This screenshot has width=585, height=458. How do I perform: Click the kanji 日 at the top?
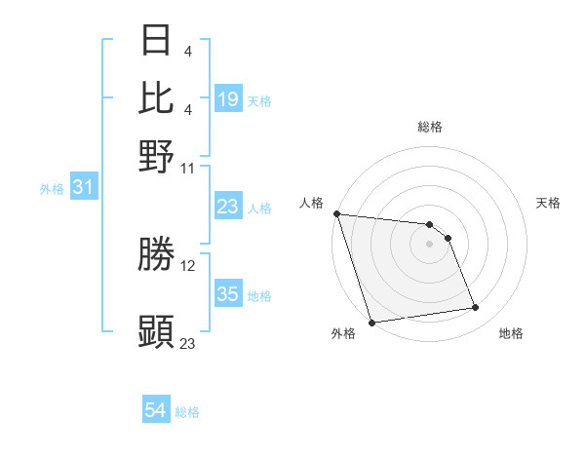pyautogui.click(x=157, y=40)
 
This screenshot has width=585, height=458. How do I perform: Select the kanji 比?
pyautogui.click(x=157, y=97)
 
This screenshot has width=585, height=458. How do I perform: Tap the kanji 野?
pyautogui.click(x=157, y=156)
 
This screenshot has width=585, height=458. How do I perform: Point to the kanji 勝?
pyautogui.click(x=157, y=254)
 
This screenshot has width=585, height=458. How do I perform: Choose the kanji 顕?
pyautogui.click(x=157, y=331)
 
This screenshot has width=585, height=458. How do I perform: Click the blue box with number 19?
pyautogui.click(x=228, y=99)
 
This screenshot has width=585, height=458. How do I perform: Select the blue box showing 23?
pyautogui.click(x=228, y=207)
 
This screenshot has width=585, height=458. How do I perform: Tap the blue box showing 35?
pyautogui.click(x=228, y=294)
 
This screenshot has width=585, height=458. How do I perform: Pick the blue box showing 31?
pyautogui.click(x=83, y=187)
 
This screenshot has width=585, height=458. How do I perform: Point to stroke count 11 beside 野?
pyautogui.click(x=188, y=168)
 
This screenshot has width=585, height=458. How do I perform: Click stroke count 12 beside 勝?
pyautogui.click(x=188, y=265)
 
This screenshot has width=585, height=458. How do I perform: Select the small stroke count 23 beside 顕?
pyautogui.click(x=188, y=343)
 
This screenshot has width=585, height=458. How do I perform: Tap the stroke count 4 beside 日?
pyautogui.click(x=188, y=51)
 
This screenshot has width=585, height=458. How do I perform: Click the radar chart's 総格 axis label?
pyautogui.click(x=430, y=127)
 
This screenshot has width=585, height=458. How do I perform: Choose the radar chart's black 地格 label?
pyautogui.click(x=511, y=333)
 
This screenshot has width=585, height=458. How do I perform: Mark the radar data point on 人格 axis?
pyautogui.click(x=336, y=213)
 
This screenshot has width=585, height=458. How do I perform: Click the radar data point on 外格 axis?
pyautogui.click(x=372, y=323)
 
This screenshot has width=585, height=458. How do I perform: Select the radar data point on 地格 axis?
pyautogui.click(x=476, y=308)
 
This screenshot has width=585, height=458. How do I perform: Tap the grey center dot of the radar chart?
pyautogui.click(x=430, y=244)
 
